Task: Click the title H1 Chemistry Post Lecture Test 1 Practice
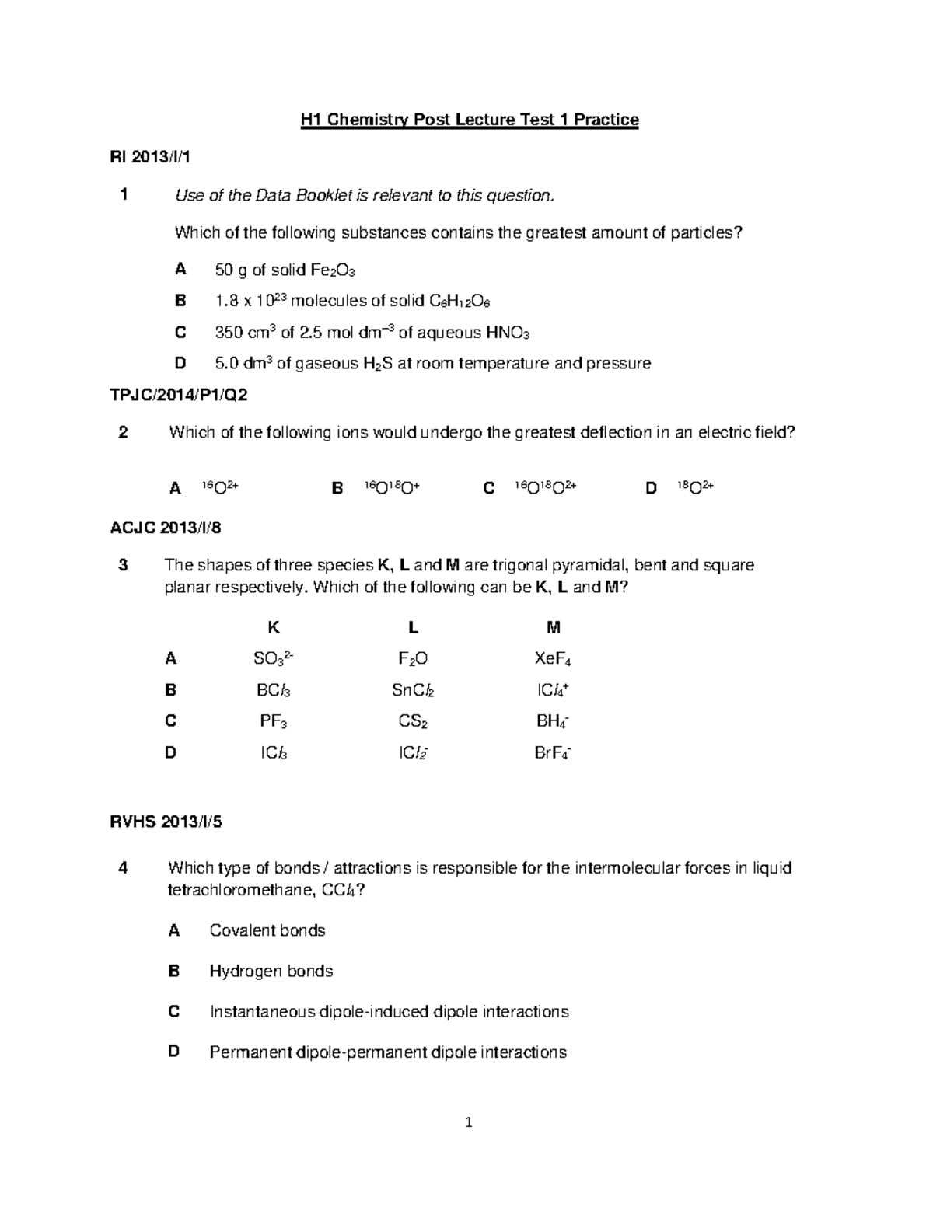(x=470, y=120)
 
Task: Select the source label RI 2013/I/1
(x=150, y=157)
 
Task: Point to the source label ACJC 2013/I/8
(x=166, y=528)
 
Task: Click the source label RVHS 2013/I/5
(x=166, y=822)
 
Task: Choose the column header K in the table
(x=273, y=627)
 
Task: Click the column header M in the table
(x=554, y=627)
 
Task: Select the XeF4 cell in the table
(x=553, y=660)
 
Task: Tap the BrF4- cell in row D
(x=553, y=753)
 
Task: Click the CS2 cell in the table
(x=413, y=722)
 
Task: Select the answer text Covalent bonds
(x=267, y=930)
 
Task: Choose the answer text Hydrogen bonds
(x=271, y=971)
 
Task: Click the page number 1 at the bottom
(x=469, y=1122)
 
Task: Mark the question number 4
(x=123, y=868)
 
